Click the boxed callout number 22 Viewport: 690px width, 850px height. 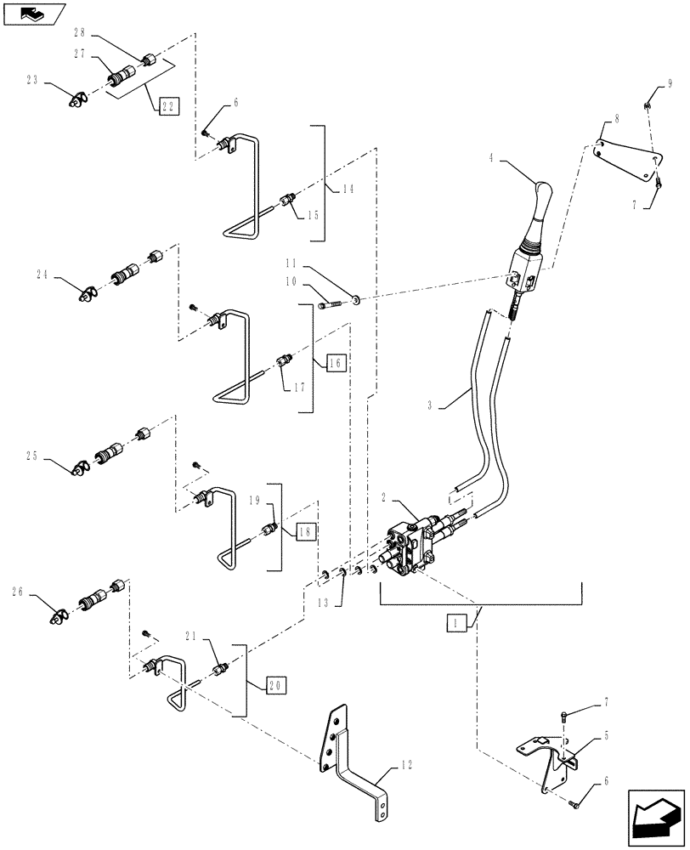pyautogui.click(x=167, y=106)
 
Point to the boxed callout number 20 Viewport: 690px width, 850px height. pyautogui.click(x=275, y=683)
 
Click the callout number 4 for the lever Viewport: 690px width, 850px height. pyautogui.click(x=491, y=157)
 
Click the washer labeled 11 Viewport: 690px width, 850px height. pyautogui.click(x=354, y=299)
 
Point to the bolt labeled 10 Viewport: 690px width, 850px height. pyautogui.click(x=331, y=303)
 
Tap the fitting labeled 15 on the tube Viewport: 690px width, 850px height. pyautogui.click(x=287, y=200)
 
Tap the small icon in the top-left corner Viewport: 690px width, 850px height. pyautogui.click(x=33, y=13)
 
